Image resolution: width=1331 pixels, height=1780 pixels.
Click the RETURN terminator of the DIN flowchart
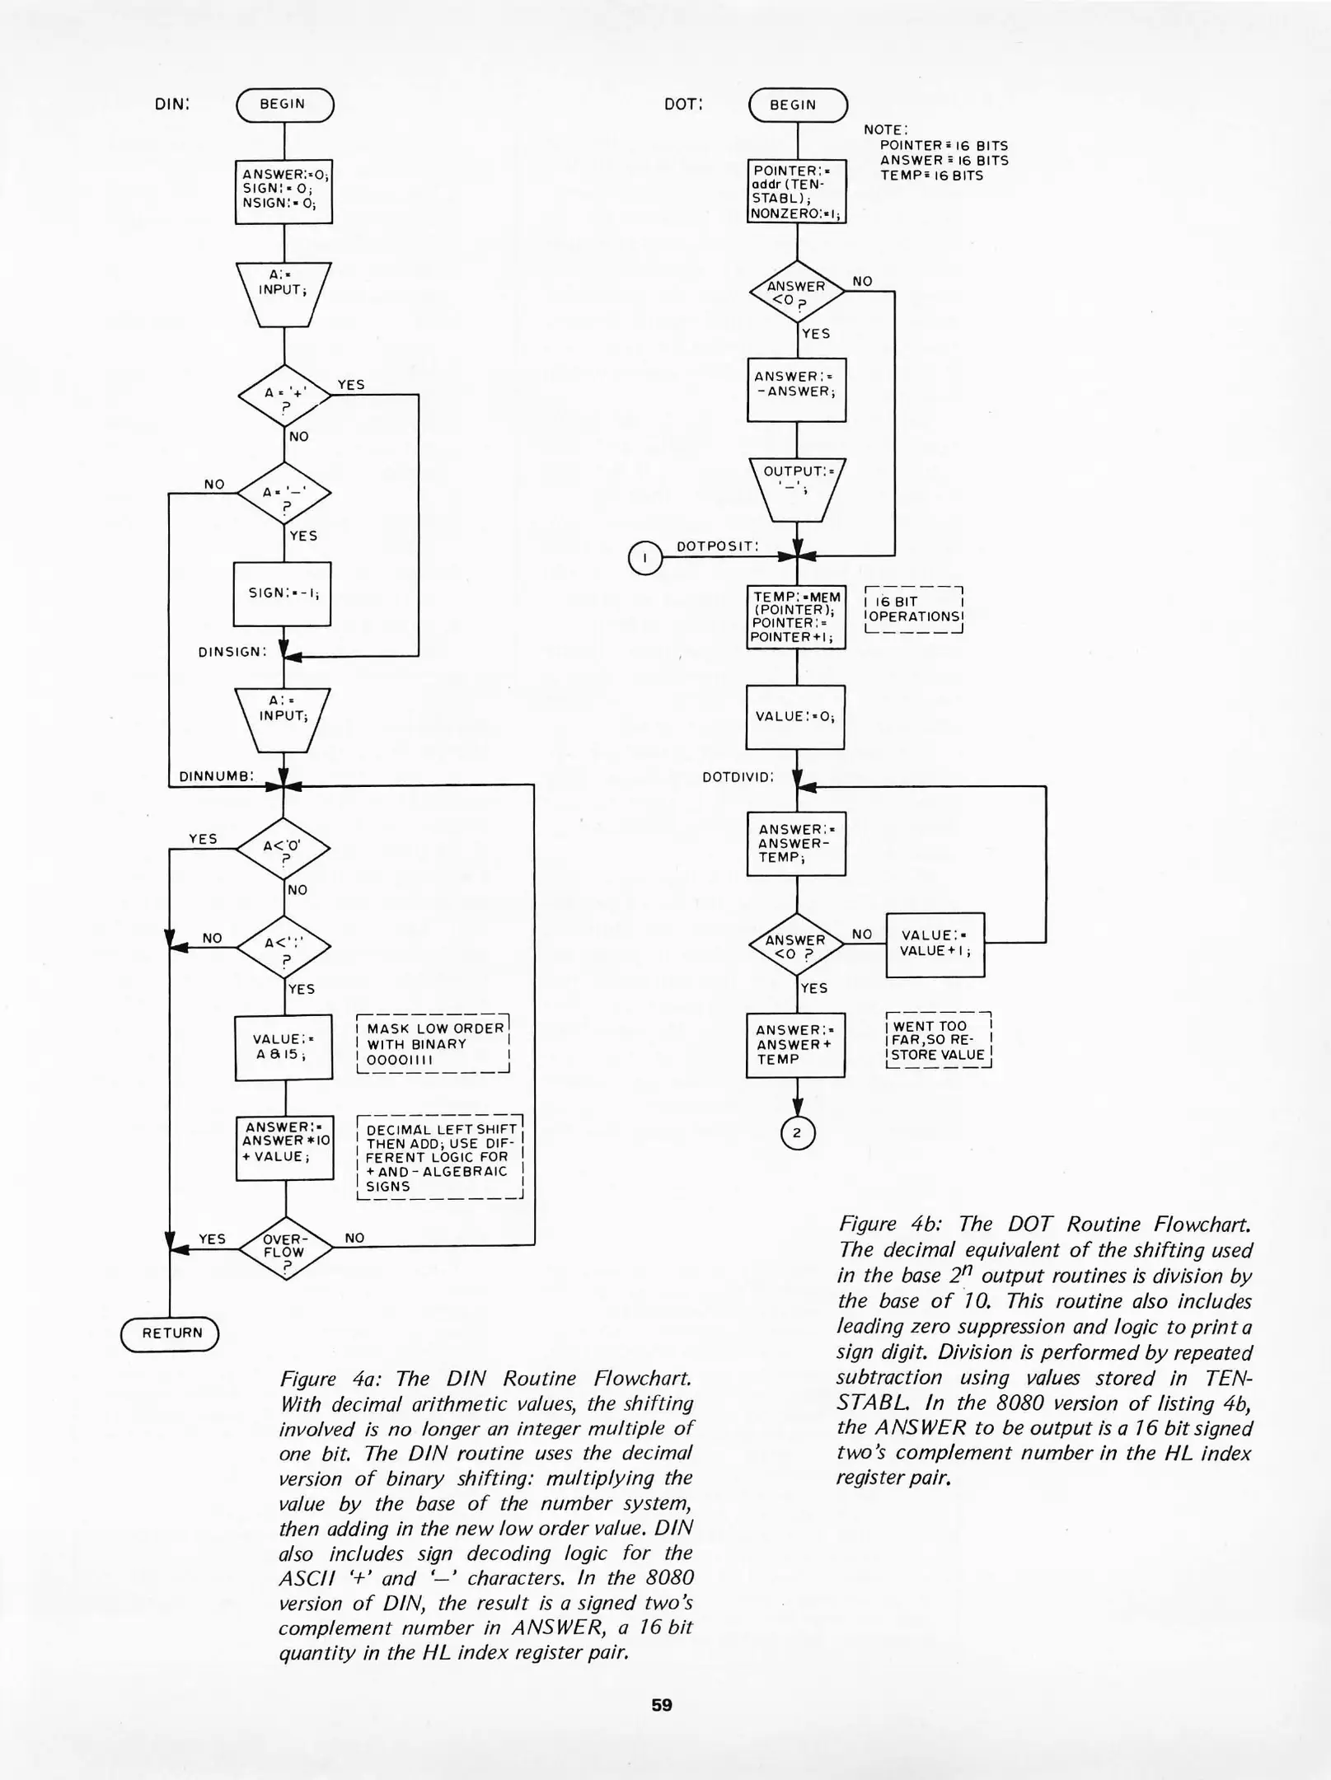171,1333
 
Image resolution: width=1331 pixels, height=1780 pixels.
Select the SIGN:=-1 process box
283,593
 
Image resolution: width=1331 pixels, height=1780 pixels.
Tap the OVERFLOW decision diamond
284,1248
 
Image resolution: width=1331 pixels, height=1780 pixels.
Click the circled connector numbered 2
797,1133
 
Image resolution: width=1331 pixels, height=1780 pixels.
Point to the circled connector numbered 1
645,558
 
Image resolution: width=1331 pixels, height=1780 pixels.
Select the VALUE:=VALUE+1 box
935,944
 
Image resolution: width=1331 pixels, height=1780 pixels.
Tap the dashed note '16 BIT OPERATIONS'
914,609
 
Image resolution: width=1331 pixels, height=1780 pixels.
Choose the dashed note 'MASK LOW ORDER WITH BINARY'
434,1043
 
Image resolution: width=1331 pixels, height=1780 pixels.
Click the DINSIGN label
232,652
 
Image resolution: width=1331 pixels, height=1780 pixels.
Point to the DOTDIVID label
738,776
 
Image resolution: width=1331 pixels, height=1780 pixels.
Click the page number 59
662,1705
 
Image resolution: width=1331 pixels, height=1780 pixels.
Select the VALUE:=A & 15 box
284,1047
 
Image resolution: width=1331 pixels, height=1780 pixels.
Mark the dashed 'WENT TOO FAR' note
938,1040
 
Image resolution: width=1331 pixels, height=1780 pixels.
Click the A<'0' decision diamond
284,849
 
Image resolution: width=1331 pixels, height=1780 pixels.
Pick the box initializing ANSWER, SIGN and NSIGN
284,190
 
